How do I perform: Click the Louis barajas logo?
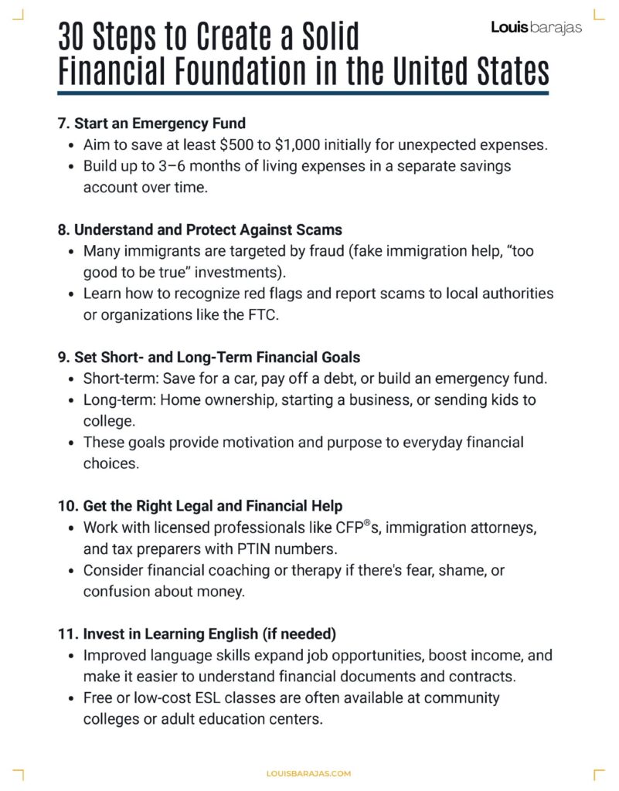tap(536, 28)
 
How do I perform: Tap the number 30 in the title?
tap(77, 38)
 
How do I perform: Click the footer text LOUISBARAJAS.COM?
tap(308, 772)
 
